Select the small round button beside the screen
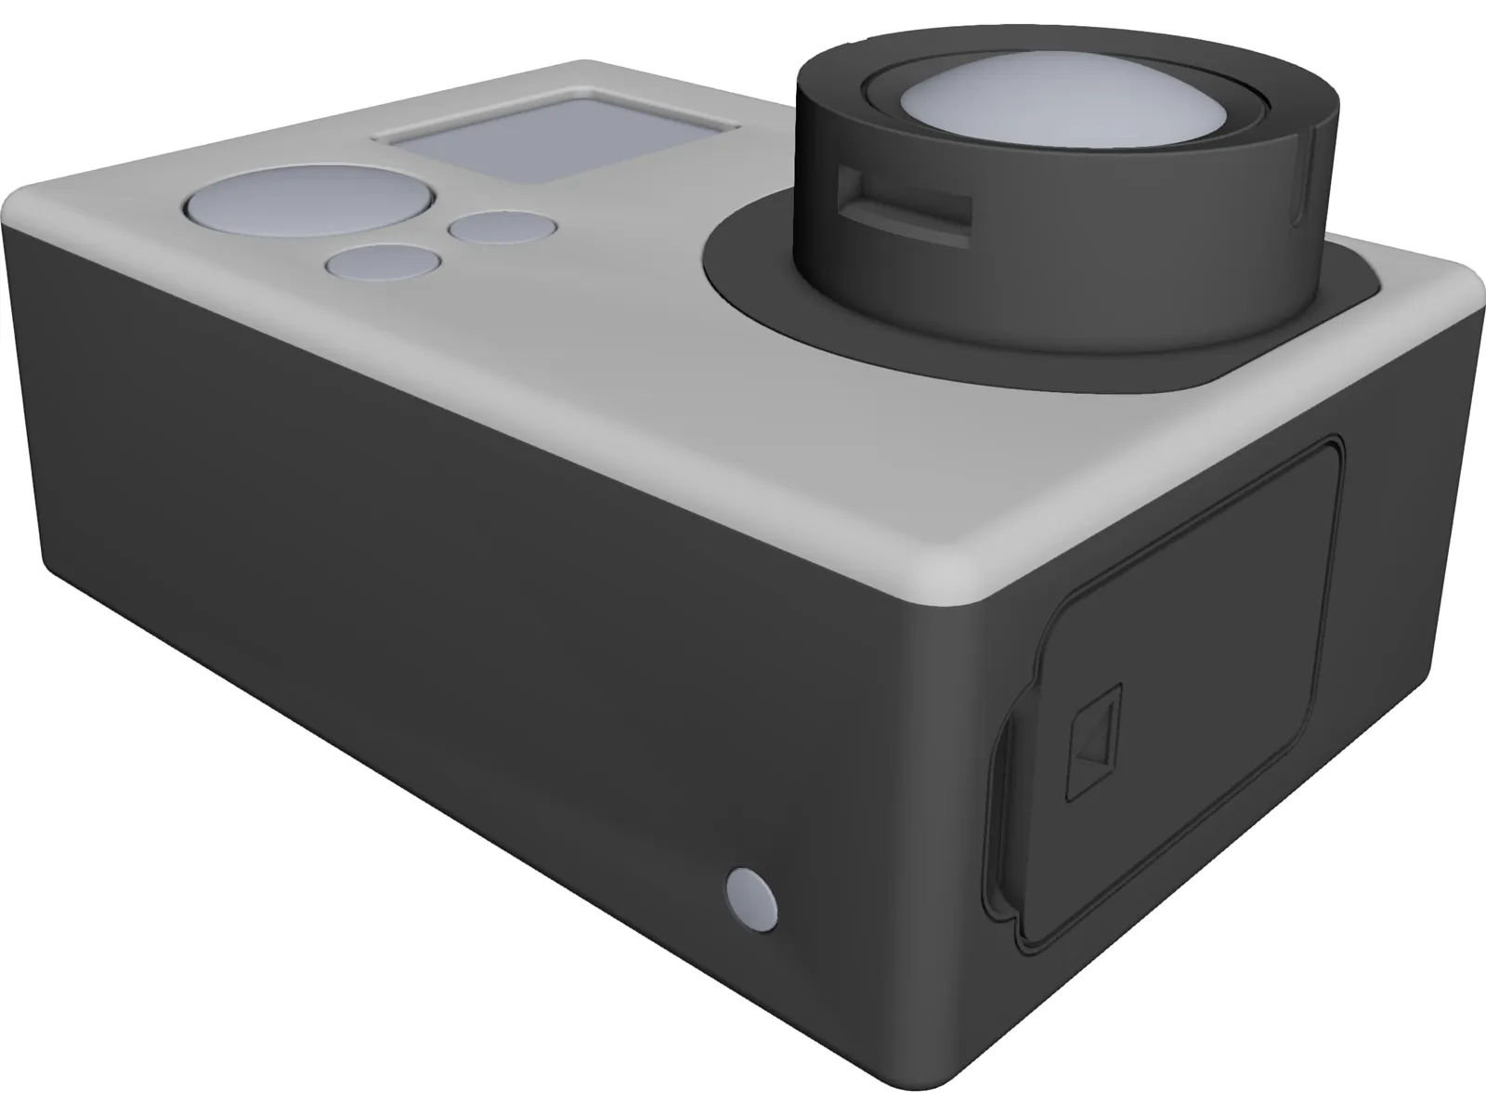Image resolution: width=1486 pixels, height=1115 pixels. pyautogui.click(x=501, y=228)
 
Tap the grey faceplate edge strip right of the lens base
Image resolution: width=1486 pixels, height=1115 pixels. pyautogui.click(x=1421, y=279)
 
